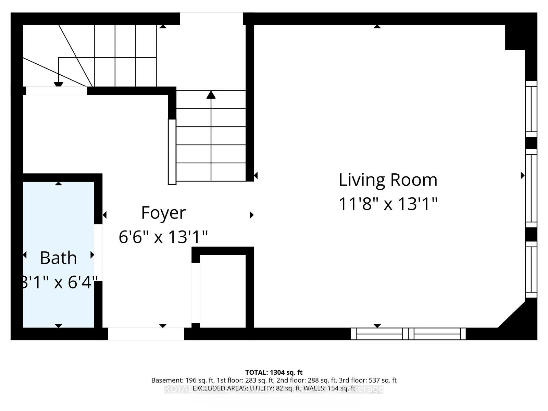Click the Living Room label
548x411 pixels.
click(388, 180)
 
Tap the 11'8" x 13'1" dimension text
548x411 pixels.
click(388, 204)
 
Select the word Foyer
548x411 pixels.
click(163, 213)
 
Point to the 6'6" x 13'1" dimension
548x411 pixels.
click(163, 237)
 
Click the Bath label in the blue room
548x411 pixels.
click(58, 258)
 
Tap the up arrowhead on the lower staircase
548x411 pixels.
click(211, 95)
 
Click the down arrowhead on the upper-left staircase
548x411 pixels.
click(59, 84)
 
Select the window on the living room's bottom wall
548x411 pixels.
click(408, 334)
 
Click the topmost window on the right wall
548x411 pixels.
click(531, 109)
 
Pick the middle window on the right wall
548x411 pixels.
click(531, 188)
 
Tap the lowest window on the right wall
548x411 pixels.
click(531, 269)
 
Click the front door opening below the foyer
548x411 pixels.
click(146, 334)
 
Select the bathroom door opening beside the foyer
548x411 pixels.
click(98, 252)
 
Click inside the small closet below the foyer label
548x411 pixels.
click(223, 291)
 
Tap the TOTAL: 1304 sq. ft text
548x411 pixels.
click(274, 372)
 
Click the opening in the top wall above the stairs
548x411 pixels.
click(212, 18)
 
